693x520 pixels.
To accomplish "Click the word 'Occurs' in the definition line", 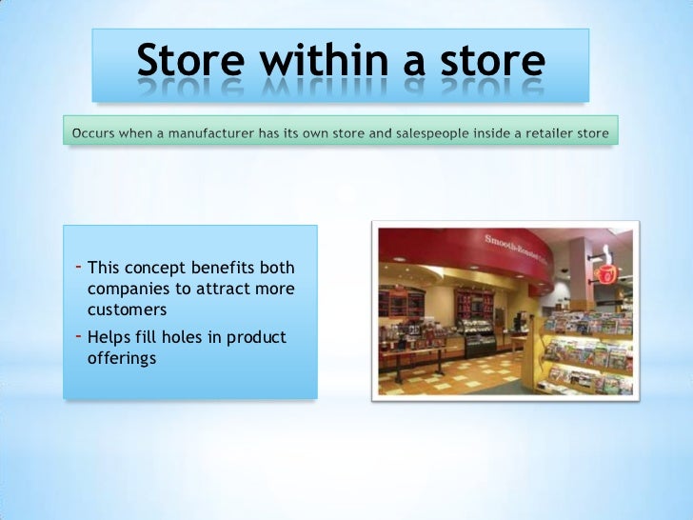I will tap(95, 132).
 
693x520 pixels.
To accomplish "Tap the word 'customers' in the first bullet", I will tap(127, 310).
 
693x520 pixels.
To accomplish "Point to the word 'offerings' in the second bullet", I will tap(122, 359).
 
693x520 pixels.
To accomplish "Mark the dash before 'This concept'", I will tap(77, 266).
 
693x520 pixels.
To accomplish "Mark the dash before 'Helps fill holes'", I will tap(77, 336).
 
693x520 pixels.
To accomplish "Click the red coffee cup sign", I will tap(605, 271).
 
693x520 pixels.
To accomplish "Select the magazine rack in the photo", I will tap(585, 352).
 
